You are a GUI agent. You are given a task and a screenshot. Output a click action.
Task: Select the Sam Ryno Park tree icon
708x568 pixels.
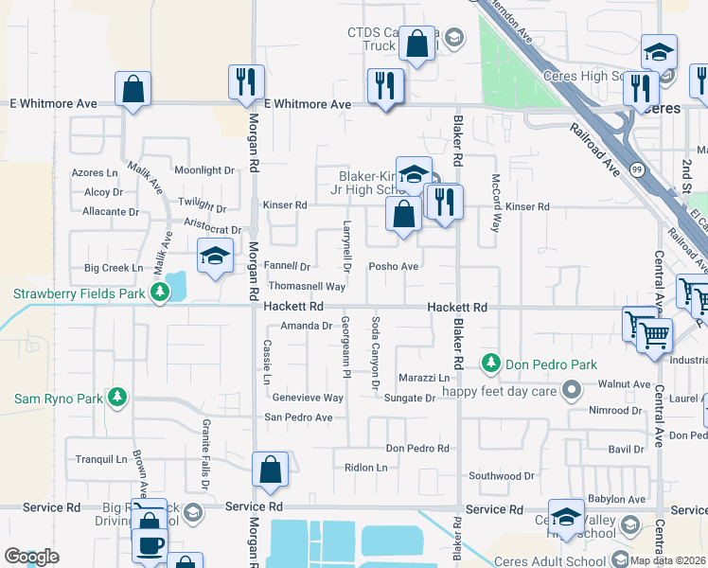116,398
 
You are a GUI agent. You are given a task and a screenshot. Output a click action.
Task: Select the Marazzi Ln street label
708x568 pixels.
423,377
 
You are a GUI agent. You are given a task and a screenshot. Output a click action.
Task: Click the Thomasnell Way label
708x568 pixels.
307,286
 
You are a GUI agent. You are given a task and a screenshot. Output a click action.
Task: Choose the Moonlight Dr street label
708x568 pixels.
204,170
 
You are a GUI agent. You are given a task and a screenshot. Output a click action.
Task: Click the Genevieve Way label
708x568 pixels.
308,399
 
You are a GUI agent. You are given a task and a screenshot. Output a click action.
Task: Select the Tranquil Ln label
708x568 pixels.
95,459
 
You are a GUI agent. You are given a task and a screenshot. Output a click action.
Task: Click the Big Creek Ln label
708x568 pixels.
114,268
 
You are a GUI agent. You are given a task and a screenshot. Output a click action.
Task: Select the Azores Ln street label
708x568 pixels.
96,173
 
